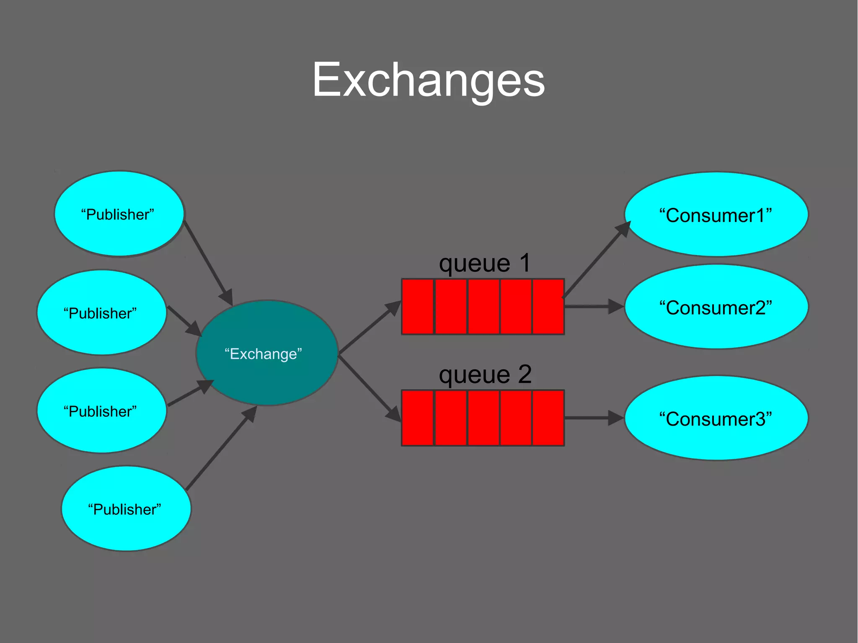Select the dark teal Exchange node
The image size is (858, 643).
[267, 353]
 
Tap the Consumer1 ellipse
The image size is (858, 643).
[716, 214]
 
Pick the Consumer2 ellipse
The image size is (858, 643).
[716, 307]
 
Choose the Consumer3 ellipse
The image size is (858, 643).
[716, 418]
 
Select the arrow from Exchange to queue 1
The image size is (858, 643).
[369, 328]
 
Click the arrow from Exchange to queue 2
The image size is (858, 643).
[369, 387]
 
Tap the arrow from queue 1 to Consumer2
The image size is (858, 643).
[593, 307]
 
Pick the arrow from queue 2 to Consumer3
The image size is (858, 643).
[593, 418]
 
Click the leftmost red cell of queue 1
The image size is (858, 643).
[417, 307]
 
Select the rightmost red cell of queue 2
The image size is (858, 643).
[548, 418]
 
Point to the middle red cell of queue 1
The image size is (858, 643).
[483, 307]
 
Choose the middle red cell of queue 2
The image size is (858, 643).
[483, 418]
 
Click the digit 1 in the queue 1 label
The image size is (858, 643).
[525, 263]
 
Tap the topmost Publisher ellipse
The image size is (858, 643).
[119, 214]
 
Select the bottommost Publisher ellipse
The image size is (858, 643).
[126, 509]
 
